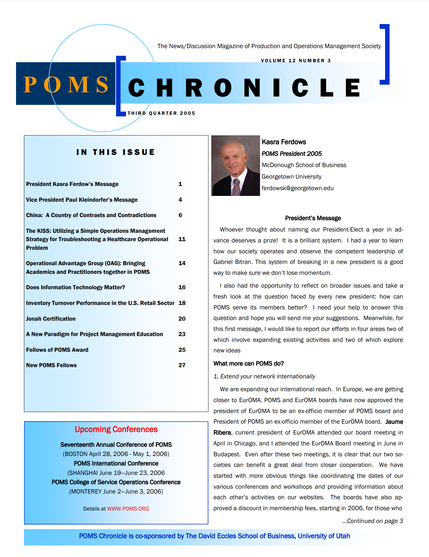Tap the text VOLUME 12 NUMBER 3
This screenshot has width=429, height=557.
pos(296,61)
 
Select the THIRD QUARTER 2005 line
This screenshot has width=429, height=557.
pos(161,113)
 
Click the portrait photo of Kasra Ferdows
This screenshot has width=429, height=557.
pos(236,165)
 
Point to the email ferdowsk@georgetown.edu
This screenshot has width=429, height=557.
pos(298,188)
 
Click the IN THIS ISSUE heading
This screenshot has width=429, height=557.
pos(116,152)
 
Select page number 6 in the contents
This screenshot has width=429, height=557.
pos(180,215)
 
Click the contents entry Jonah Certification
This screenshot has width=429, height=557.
pos(51,319)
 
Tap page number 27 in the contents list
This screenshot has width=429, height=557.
pos(182,365)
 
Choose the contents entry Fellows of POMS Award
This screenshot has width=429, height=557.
pos(57,350)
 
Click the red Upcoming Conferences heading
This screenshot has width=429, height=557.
pos(116,429)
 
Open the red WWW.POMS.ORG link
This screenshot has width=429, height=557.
pos(128,509)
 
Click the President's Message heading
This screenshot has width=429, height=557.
pos(313,218)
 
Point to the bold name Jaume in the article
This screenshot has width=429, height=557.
pos(394,422)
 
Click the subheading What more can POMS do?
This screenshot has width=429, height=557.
pos(248,364)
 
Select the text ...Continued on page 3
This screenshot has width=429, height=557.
pos(372,521)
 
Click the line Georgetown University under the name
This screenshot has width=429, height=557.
pos(291,177)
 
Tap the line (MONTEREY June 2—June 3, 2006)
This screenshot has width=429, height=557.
pos(116,492)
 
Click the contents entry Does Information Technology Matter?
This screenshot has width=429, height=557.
pos(76,287)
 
